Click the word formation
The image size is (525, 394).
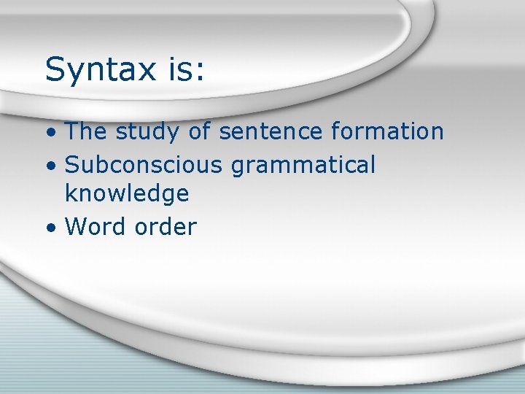[x=387, y=131]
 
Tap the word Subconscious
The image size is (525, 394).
[x=144, y=164]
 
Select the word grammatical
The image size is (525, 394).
[x=303, y=166]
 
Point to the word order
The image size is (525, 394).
[x=166, y=226]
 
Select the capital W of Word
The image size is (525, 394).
[x=77, y=226]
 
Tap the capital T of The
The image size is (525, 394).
[x=72, y=131]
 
